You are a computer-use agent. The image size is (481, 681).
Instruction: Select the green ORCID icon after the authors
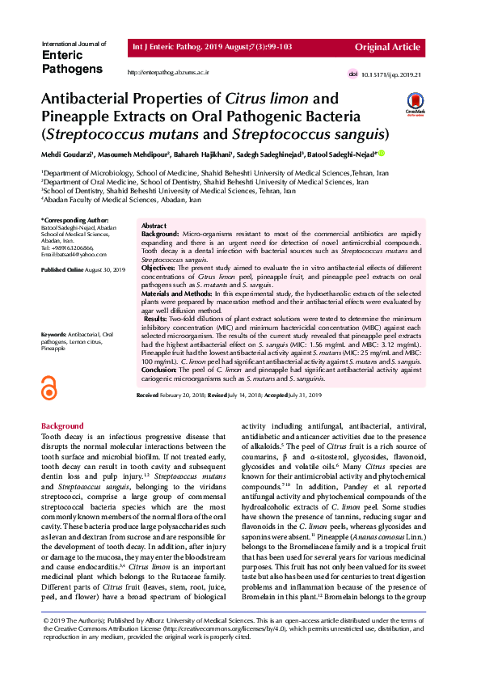click(x=381, y=153)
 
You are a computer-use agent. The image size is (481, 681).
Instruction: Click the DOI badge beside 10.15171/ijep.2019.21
click(x=352, y=74)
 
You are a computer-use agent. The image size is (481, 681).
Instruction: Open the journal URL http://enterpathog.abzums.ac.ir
click(x=169, y=73)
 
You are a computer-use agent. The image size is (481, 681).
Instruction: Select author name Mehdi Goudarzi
click(x=67, y=154)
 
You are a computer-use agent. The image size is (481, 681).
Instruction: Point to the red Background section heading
click(x=62, y=425)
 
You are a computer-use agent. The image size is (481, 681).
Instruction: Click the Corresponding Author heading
click(x=74, y=220)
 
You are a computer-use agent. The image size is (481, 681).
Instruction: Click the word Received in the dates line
click(x=147, y=394)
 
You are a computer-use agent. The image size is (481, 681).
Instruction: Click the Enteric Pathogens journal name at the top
click(x=70, y=61)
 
